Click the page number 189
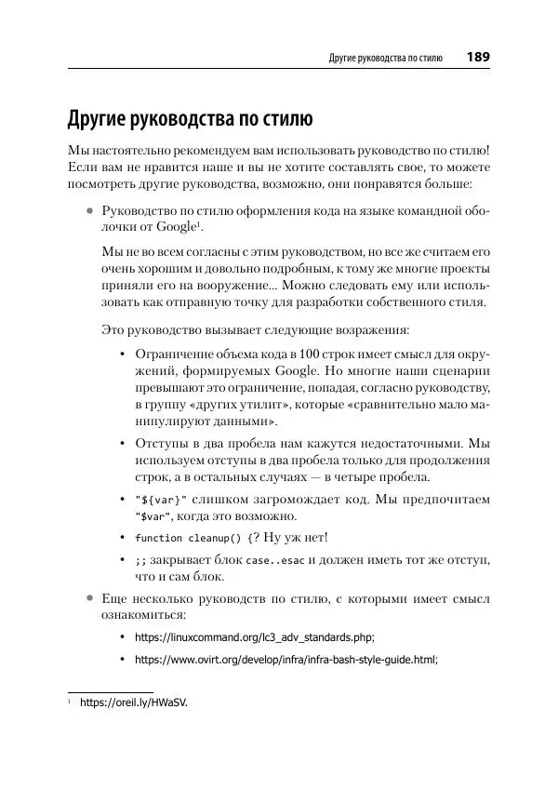point(478,57)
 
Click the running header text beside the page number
point(385,58)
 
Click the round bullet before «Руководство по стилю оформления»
point(89,210)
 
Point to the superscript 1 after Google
point(199,224)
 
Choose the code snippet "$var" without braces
point(153,516)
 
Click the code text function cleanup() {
point(192,538)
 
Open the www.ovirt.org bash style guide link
point(286,659)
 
